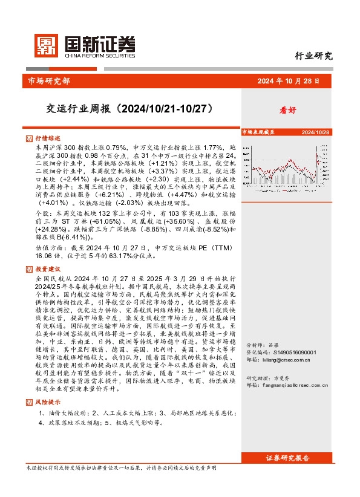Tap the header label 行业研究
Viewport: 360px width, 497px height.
pyautogui.click(x=313, y=57)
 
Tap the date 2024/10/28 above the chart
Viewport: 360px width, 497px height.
pyautogui.click(x=315, y=131)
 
